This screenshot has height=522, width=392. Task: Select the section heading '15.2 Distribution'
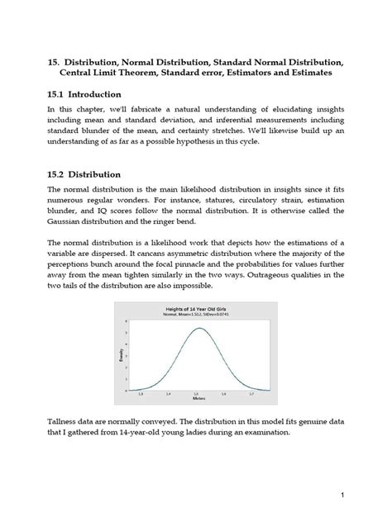[x=85, y=174]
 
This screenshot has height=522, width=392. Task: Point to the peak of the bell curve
[x=198, y=329]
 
